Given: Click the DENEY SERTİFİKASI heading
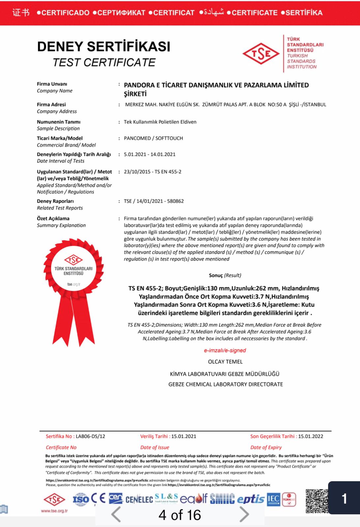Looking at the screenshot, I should pyautogui.click(x=104, y=46).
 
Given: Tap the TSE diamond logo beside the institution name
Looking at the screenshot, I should pyautogui.click(x=261, y=54).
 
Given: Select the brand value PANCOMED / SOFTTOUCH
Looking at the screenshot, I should pyautogui.click(x=153, y=138).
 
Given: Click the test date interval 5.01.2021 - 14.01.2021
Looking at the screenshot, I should pyautogui.click(x=150, y=154).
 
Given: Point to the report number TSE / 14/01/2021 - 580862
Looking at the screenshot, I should pyautogui.click(x=154, y=201).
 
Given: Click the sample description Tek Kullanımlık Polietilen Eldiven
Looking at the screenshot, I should pyautogui.click(x=160, y=122).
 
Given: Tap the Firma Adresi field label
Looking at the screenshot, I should pyautogui.click(x=51, y=104).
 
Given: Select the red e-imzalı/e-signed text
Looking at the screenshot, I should pyautogui.click(x=225, y=350).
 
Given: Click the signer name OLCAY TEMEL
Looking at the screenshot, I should pyautogui.click(x=225, y=362).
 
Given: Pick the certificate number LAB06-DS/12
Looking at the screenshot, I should pyautogui.click(x=90, y=436).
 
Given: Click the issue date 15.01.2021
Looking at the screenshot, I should pyautogui.click(x=184, y=436).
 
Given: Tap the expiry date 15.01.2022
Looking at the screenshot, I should pyautogui.click(x=311, y=436).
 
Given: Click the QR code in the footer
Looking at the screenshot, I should pyautogui.click(x=317, y=501).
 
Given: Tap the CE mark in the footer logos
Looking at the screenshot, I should pyautogui.click(x=98, y=499).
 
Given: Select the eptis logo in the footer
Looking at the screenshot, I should pyautogui.click(x=251, y=499).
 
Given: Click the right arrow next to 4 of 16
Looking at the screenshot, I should pyautogui.click(x=244, y=514).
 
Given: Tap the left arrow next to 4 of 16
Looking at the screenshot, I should pyautogui.click(x=116, y=514).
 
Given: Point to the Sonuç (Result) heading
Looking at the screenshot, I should pyautogui.click(x=225, y=275).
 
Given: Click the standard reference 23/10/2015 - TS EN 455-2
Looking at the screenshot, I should pyautogui.click(x=153, y=172).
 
